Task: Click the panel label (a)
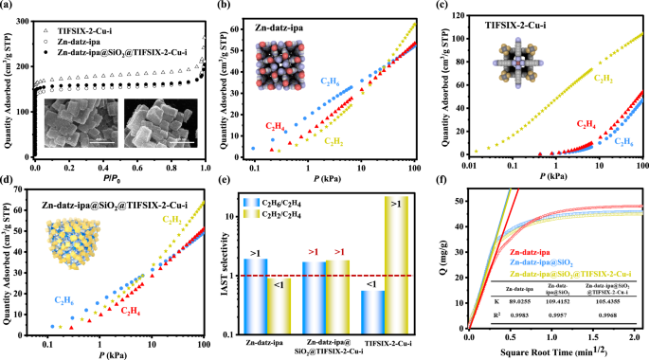(x=9, y=8)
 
